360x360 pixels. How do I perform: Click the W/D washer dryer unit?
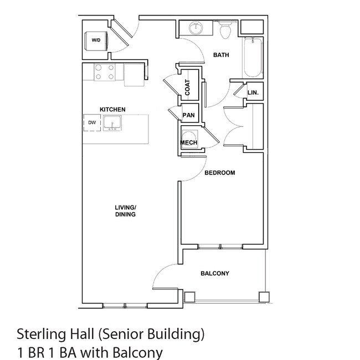(96, 41)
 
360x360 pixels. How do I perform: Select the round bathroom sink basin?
(196, 28)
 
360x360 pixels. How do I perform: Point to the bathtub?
(253, 58)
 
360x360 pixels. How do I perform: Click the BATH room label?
(221, 55)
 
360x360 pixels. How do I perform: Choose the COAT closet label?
(188, 88)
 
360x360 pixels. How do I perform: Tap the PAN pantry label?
(188, 115)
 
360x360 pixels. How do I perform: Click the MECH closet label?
(189, 142)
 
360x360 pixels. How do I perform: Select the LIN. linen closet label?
(253, 92)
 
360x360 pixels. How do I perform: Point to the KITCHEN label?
(112, 110)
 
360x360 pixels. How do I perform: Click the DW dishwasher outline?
(92, 123)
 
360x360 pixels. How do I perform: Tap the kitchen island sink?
(112, 124)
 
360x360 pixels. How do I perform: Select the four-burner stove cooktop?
(105, 72)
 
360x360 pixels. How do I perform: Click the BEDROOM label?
(220, 173)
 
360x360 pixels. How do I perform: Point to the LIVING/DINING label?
(125, 211)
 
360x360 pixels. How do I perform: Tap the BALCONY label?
(215, 274)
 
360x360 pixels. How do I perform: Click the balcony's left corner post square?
(189, 297)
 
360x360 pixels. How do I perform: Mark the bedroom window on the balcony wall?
(220, 247)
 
